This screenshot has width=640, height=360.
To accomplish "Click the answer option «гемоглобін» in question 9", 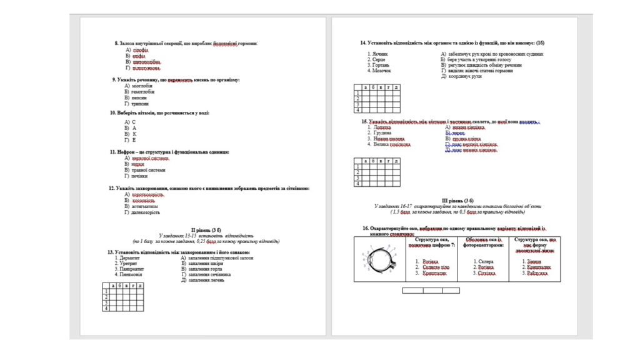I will pyautogui.click(x=143, y=92).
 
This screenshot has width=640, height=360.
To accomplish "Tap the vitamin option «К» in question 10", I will pyautogui.click(x=134, y=134).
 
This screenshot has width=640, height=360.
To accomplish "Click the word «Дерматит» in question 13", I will pyautogui.click(x=127, y=257).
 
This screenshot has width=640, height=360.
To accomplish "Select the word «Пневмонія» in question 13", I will pyautogui.click(x=128, y=274).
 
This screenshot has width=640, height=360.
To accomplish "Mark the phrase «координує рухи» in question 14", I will pyautogui.click(x=464, y=76).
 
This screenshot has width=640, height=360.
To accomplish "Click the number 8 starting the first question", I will pyautogui.click(x=116, y=43).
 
